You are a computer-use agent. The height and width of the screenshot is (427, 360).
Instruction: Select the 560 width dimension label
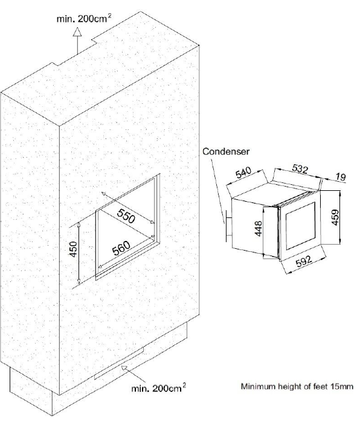pos(121,248)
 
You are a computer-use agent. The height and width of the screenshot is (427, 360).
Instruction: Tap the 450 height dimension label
pos(74,249)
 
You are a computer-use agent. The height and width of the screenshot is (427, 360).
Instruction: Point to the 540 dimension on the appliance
pos(243,173)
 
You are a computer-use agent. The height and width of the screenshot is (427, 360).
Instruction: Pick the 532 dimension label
pos(300,169)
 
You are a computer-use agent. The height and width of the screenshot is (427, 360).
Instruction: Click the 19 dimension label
pos(341,177)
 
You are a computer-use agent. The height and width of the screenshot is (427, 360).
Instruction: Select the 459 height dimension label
pos(335,217)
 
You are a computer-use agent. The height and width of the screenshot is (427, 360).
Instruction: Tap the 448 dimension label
pos(258,228)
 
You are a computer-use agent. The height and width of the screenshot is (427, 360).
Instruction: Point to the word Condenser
pos(226,152)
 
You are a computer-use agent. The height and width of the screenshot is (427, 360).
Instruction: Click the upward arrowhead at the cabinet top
pos(77,31)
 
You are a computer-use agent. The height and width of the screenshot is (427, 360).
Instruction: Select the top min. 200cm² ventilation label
pos(84,19)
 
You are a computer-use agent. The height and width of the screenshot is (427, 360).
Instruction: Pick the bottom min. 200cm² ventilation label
pos(159,388)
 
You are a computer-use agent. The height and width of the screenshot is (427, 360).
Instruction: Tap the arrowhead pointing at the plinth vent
pos(124,369)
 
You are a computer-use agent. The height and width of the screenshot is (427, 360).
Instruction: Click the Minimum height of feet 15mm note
pos(297,386)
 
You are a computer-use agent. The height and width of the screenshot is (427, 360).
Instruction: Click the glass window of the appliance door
pos(300,225)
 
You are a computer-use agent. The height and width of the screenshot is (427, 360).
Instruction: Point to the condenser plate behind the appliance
pos(226,226)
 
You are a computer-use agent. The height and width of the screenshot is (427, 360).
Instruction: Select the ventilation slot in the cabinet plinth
pos(119,363)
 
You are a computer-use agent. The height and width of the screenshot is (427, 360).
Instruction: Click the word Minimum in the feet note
pos(254,386)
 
